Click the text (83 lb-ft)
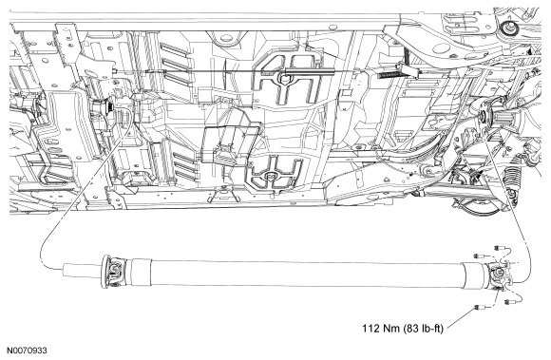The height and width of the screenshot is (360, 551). (x=424, y=329)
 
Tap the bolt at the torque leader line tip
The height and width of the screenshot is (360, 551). (x=479, y=308)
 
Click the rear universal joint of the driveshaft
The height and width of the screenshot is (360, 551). (x=499, y=275)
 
